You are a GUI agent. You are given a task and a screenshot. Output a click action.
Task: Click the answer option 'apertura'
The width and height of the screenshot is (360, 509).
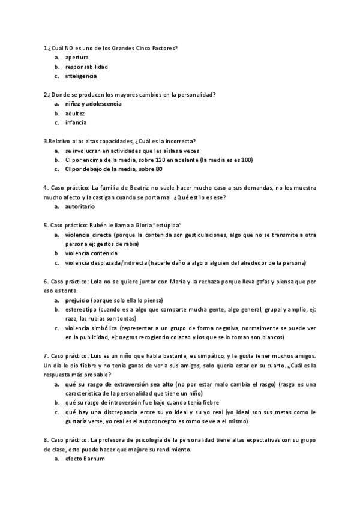tap(77, 57)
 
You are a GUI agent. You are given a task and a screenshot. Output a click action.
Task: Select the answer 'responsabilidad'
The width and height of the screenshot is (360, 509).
tap(86, 67)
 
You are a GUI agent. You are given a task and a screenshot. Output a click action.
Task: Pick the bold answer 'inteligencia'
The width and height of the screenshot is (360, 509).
tap(81, 76)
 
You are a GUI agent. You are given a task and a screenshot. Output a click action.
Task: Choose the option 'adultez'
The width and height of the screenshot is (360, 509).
tap(75, 113)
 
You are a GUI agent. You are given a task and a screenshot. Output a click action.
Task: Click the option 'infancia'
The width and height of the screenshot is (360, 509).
tap(76, 122)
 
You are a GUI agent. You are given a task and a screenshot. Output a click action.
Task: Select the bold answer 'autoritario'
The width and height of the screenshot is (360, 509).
tap(80, 206)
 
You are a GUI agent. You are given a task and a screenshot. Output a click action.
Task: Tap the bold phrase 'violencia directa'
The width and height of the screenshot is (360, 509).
tap(88, 235)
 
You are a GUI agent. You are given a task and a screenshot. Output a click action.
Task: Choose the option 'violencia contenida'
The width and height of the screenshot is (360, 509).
tap(91, 253)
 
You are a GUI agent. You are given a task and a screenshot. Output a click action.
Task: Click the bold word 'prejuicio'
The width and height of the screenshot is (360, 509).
tap(77, 300)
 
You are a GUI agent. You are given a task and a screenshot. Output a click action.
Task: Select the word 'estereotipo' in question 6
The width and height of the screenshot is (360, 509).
tap(80, 309)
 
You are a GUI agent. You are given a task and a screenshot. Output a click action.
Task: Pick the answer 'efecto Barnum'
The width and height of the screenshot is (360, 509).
tap(85, 459)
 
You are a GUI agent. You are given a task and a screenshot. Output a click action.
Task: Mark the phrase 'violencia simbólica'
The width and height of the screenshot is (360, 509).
tap(91, 328)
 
